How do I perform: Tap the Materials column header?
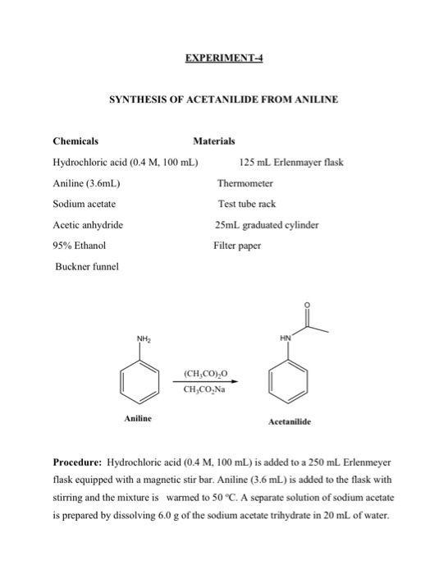(213, 140)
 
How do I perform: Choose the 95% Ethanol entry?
(80, 245)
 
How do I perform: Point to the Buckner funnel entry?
(87, 266)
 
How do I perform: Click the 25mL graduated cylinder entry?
(266, 224)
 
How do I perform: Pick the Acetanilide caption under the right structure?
(295, 423)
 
